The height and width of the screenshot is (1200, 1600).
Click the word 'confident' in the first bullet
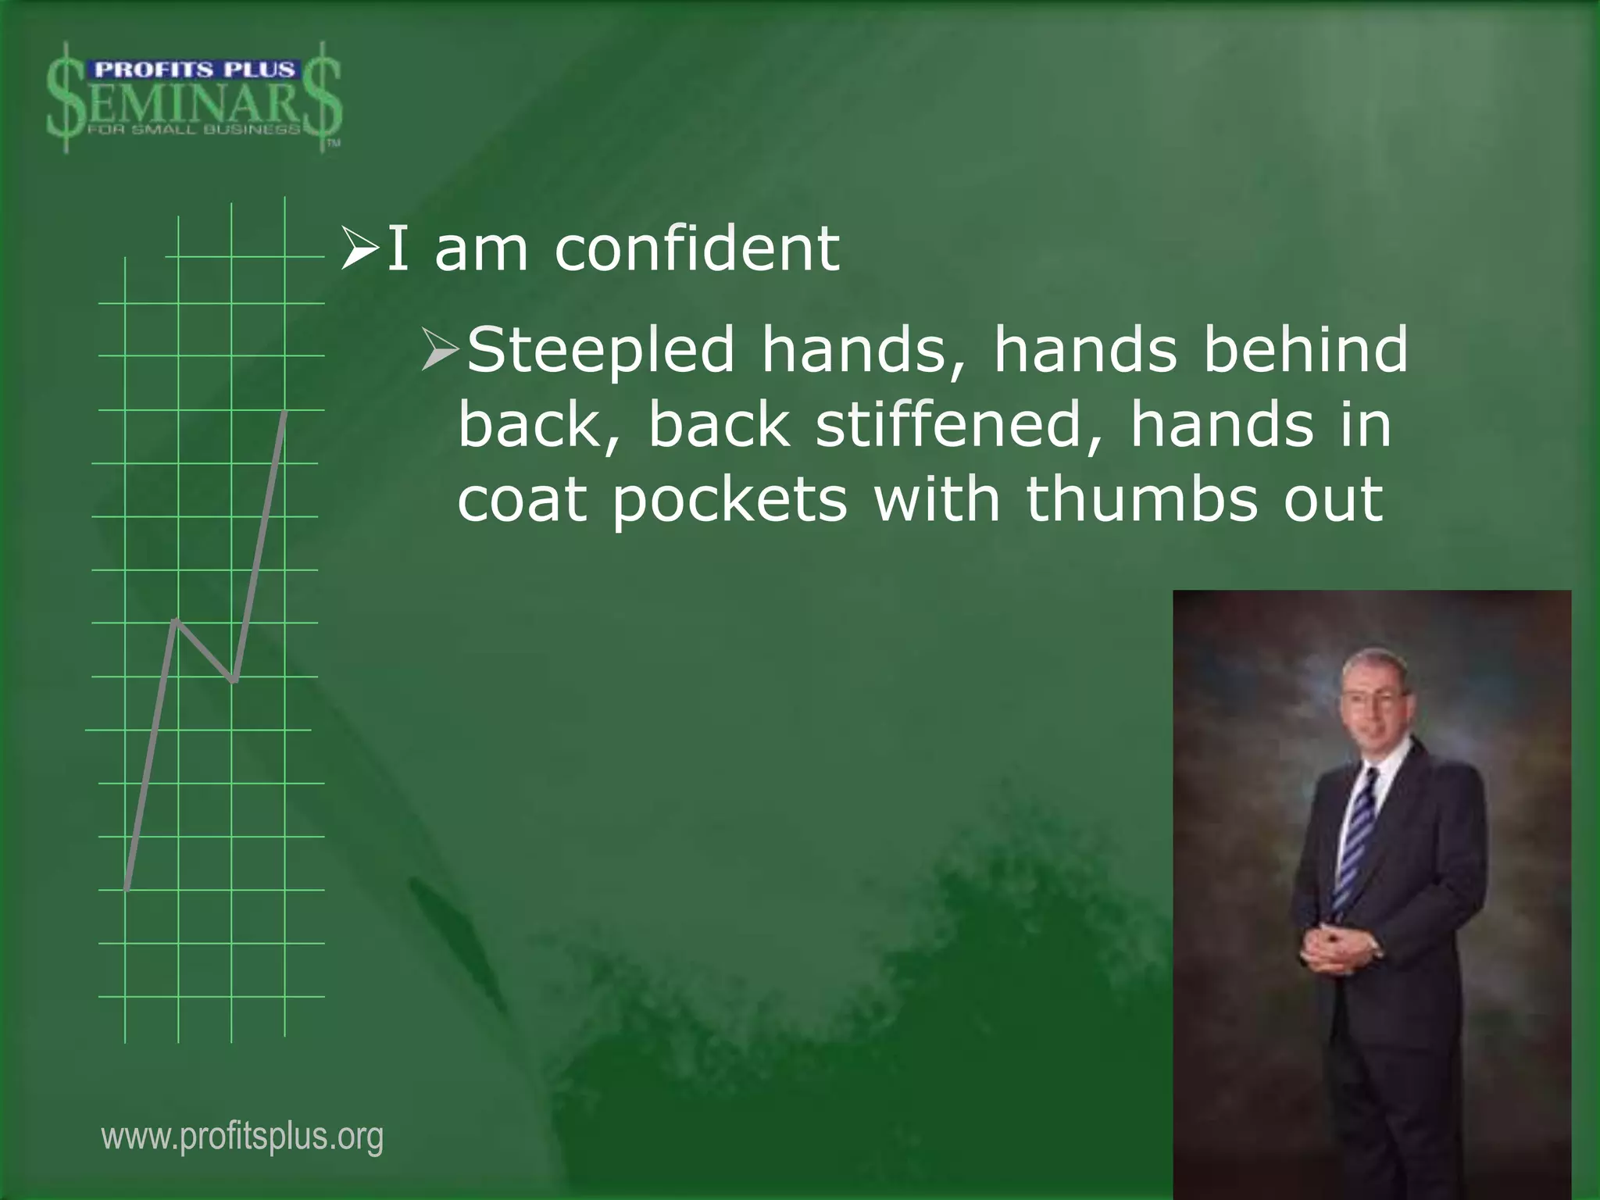pos(697,248)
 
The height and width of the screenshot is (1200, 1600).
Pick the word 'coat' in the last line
pos(522,500)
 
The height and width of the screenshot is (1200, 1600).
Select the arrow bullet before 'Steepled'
pos(441,350)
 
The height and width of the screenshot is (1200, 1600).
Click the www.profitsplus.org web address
pos(242,1137)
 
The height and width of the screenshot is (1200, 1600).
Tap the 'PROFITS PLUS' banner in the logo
pos(194,70)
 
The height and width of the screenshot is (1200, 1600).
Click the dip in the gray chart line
pos(233,680)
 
